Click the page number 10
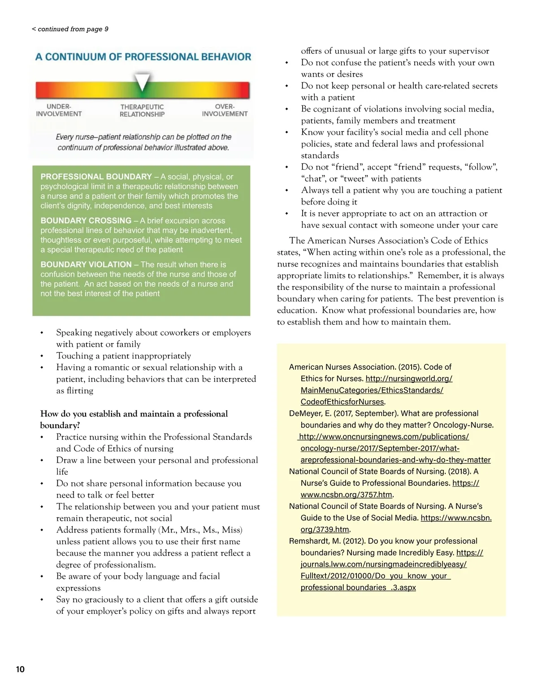pos(20,669)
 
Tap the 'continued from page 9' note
pos(70,29)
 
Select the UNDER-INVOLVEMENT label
pos(59,110)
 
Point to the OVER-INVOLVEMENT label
pos(225,110)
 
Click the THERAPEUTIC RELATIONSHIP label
pos(142,111)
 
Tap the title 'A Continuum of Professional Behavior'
pos(143,57)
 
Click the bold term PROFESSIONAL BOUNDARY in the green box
pos(96,177)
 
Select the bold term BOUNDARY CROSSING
pos(86,221)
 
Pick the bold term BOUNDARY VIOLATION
pos(86,265)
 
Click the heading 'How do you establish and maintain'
pos(134,414)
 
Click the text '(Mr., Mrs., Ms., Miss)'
pos(200,530)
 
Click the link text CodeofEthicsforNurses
pos(342,402)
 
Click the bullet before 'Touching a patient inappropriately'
pos(42,356)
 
